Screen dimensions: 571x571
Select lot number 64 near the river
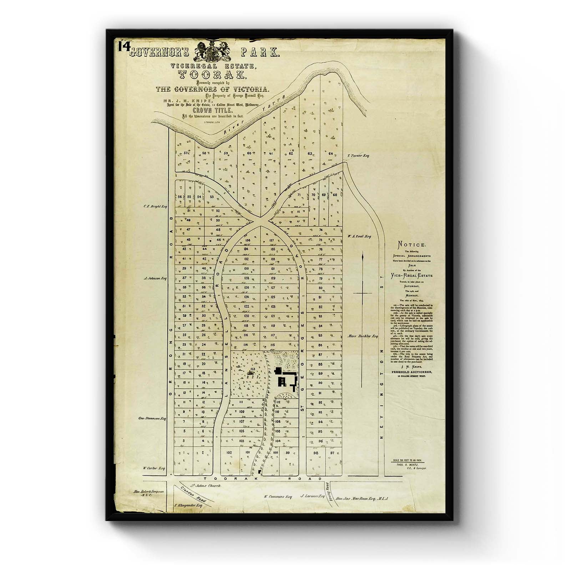point(330,154)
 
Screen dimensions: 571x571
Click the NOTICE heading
point(412,245)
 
